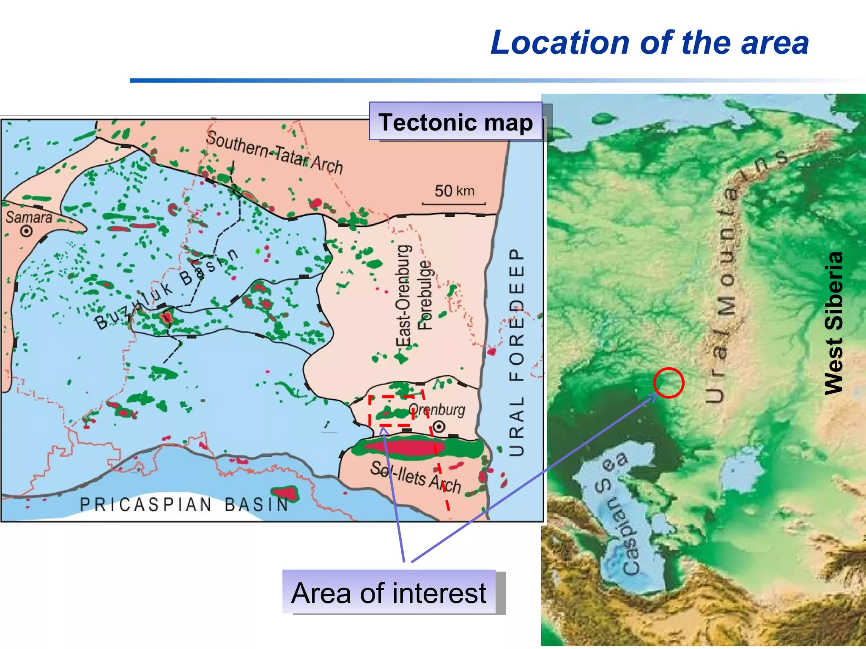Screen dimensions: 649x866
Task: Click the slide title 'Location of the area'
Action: (649, 43)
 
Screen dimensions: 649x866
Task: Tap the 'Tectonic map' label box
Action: (455, 122)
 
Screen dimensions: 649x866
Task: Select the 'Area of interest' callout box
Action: (389, 592)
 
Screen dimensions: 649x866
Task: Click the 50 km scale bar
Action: (454, 204)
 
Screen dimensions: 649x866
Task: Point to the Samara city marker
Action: (27, 231)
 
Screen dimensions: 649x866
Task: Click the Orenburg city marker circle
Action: (439, 426)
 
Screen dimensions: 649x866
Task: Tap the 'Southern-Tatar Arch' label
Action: (274, 153)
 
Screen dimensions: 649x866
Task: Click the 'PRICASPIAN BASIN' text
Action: (184, 504)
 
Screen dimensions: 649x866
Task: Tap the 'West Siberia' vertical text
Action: (834, 323)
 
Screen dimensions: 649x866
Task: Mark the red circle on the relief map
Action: (668, 383)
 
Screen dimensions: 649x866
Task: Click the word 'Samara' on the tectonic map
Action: (29, 217)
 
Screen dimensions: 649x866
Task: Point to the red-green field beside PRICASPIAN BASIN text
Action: (285, 493)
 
